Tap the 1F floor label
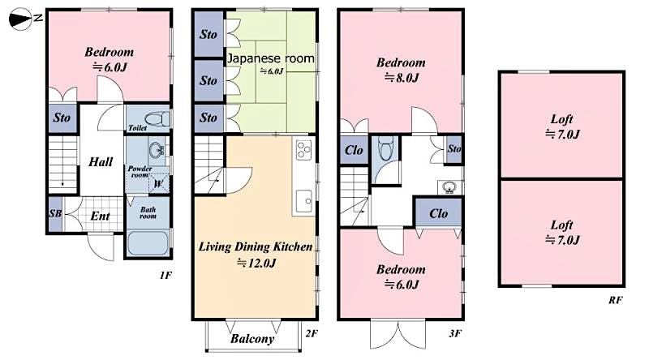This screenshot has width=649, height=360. [x=165, y=276]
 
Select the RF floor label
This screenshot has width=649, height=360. [x=615, y=300]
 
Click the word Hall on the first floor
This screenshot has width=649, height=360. [x=101, y=162]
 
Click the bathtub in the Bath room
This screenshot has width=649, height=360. [x=148, y=243]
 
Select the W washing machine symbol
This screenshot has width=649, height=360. [x=158, y=183]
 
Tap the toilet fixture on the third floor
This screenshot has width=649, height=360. [x=385, y=148]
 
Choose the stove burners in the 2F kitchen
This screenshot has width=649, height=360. [x=304, y=150]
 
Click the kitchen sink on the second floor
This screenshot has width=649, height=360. [x=305, y=198]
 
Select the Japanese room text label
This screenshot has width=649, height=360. [x=270, y=58]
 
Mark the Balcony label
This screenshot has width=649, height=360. [x=252, y=339]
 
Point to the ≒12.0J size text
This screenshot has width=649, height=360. [x=256, y=263]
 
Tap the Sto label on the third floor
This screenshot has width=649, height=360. [x=453, y=148]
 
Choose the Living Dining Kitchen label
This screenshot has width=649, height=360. [x=256, y=246]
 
